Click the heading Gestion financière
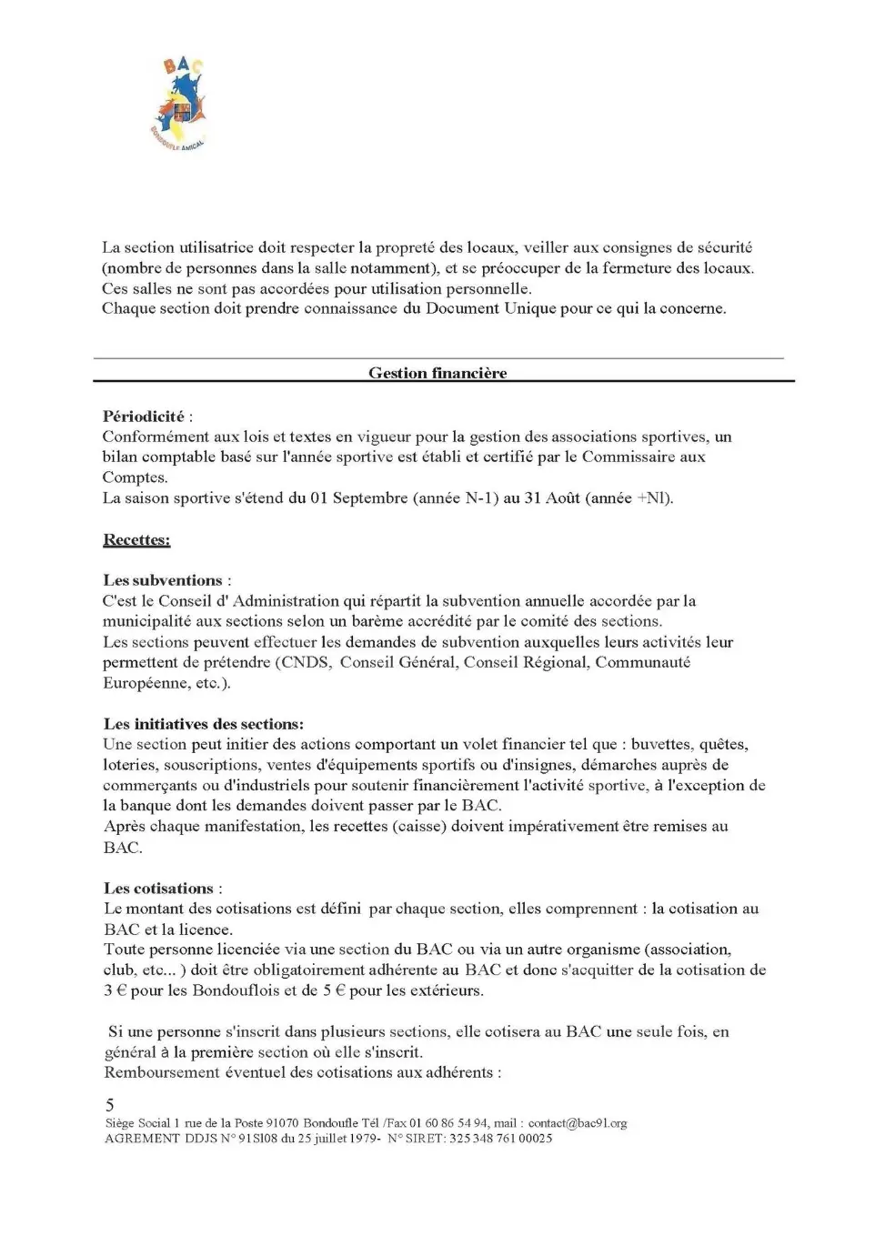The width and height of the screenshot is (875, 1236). (x=437, y=373)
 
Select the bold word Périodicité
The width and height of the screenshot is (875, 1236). (x=143, y=417)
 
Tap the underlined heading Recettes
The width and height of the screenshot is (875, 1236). (x=136, y=539)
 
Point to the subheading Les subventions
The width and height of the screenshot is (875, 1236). (x=163, y=580)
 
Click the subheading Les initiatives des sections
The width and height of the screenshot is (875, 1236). (x=203, y=724)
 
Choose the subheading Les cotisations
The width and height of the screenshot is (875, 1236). (x=158, y=888)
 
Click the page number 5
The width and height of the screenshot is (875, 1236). (x=110, y=1105)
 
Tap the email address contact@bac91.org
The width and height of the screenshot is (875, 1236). (x=578, y=1123)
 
